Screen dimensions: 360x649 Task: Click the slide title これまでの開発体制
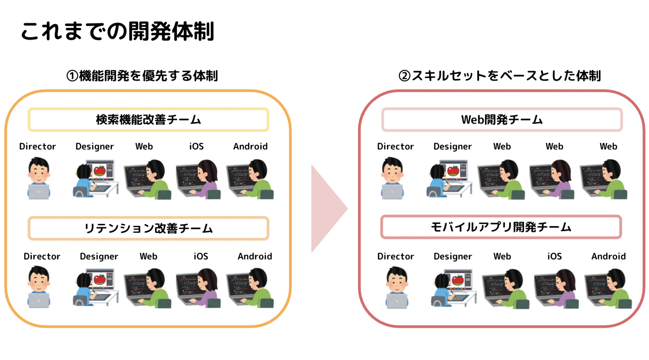click(x=118, y=31)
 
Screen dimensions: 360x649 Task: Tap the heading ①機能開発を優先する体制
click(x=142, y=76)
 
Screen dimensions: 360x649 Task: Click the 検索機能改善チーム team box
click(x=148, y=120)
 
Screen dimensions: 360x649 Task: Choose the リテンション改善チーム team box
click(x=148, y=228)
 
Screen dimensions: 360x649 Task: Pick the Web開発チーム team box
click(x=502, y=120)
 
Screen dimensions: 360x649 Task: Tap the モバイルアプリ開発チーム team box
click(x=501, y=227)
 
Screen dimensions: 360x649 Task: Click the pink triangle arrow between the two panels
click(x=327, y=208)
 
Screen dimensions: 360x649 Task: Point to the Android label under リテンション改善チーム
click(x=255, y=256)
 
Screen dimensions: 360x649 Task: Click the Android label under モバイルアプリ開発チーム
click(x=608, y=256)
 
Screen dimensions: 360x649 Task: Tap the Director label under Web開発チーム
click(x=395, y=146)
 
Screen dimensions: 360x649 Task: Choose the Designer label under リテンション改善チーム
click(x=99, y=256)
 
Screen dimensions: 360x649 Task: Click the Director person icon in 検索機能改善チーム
click(x=39, y=178)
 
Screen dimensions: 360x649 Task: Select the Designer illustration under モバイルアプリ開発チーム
click(x=453, y=288)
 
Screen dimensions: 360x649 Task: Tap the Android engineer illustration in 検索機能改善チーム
click(x=251, y=179)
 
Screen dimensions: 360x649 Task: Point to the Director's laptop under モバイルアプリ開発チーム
click(x=397, y=301)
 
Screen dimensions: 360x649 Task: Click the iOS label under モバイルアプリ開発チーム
click(x=554, y=256)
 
